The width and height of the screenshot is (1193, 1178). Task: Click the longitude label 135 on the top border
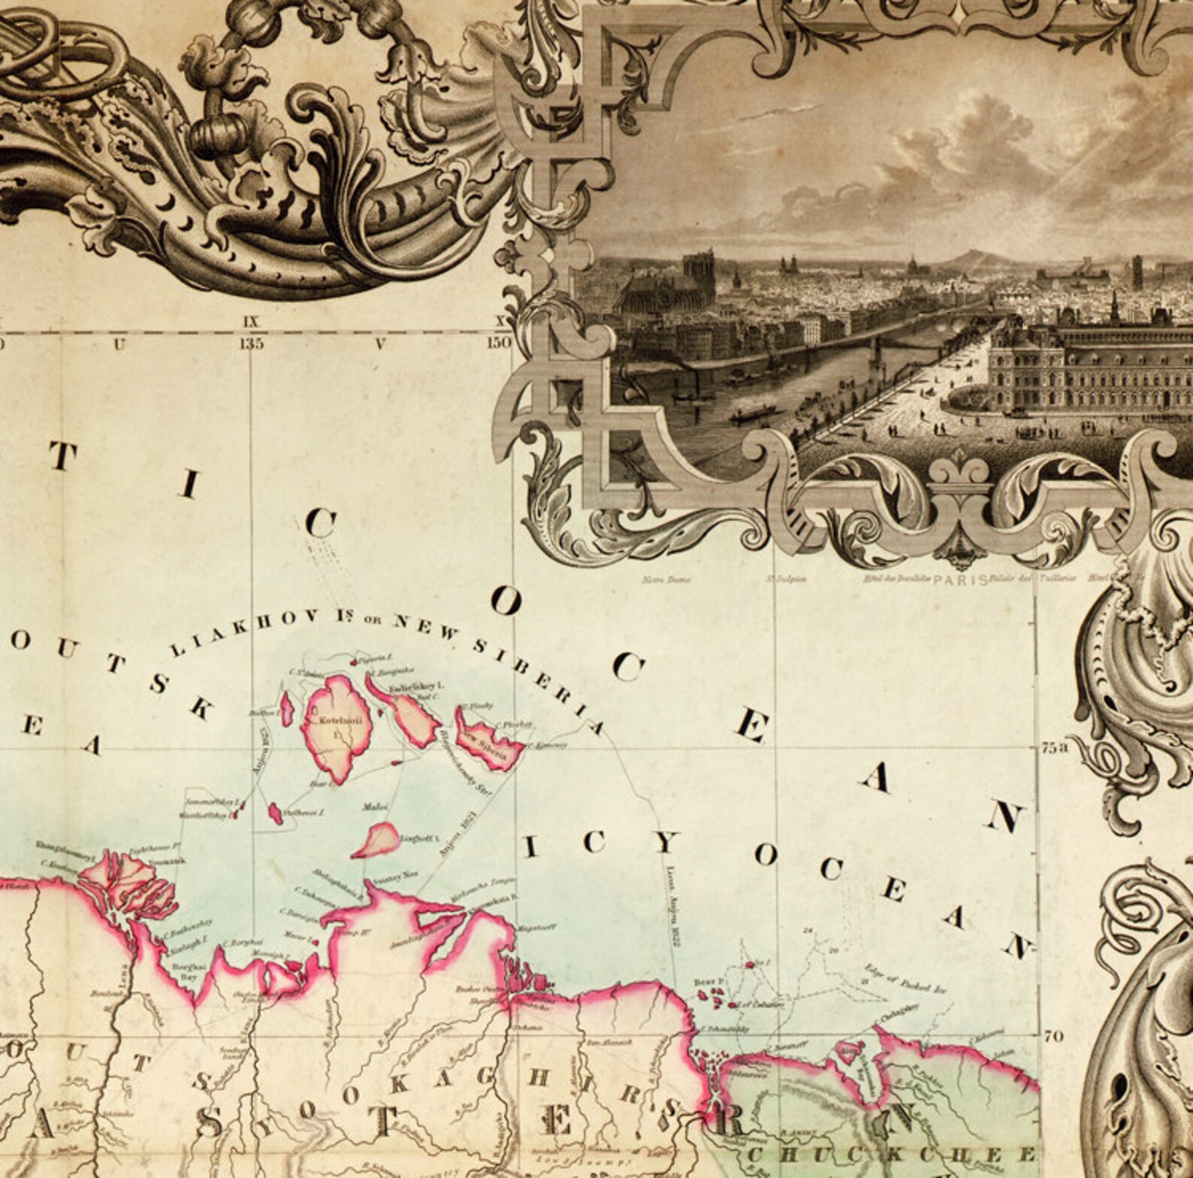[x=252, y=344]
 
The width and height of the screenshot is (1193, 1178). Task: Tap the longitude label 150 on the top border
[x=499, y=344]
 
